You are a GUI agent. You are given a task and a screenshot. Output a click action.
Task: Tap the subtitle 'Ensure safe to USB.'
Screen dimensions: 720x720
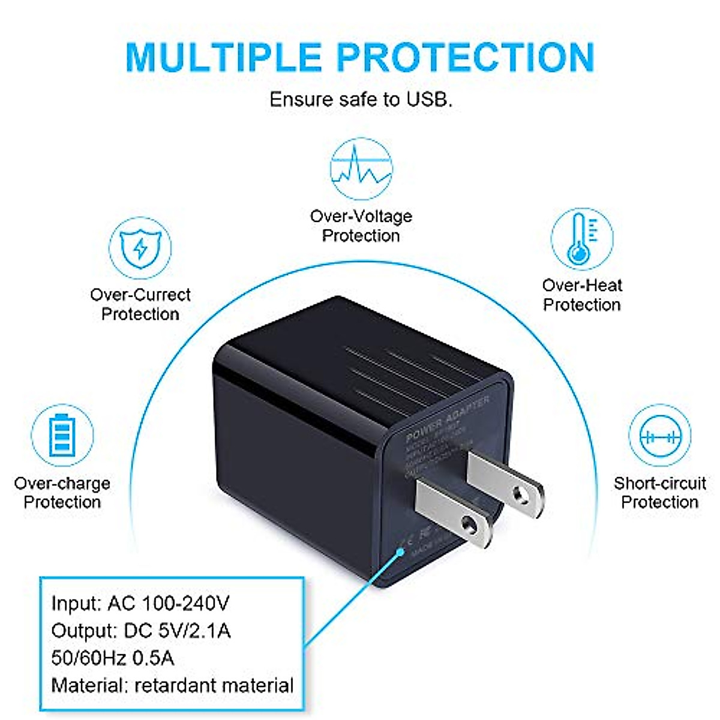pos(361,99)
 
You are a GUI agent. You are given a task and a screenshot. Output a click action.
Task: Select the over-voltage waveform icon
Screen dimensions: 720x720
pos(361,169)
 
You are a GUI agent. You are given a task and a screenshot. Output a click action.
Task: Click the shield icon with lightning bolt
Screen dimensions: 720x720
pos(140,248)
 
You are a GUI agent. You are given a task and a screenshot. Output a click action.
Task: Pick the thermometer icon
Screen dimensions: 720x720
pos(581,239)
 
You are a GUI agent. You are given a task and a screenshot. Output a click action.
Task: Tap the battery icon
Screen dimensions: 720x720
pos(62,436)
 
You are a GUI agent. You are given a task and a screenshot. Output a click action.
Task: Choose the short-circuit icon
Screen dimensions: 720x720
pos(659,436)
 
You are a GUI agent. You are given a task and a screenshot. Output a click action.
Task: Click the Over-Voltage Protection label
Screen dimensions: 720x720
pos(361,226)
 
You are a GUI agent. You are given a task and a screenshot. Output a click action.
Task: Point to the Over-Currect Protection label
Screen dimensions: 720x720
pos(140,304)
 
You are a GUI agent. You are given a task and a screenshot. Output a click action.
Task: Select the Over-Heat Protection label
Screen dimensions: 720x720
pos(582,295)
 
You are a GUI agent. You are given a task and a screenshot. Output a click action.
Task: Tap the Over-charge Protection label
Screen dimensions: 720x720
pos(62,493)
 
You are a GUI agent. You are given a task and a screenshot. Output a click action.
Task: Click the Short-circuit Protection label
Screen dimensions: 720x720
pos(659,493)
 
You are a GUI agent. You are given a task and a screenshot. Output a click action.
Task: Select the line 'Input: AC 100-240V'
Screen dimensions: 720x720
pos(140,603)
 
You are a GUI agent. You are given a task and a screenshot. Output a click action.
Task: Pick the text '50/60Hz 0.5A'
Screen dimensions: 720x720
pos(113,658)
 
